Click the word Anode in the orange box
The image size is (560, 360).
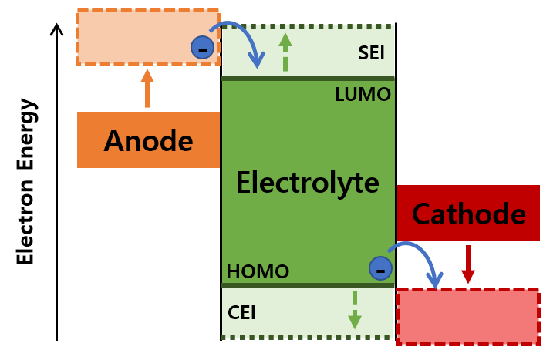(x=148, y=140)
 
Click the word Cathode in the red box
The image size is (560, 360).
(x=468, y=214)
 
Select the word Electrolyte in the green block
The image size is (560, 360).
(x=307, y=183)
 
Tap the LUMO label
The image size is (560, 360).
(x=363, y=95)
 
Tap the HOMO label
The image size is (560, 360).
(x=258, y=271)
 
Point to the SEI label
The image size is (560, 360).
(x=371, y=53)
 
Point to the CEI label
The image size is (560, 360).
(x=241, y=313)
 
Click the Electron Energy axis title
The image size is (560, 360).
(x=26, y=181)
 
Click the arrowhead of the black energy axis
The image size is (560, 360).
(x=56, y=29)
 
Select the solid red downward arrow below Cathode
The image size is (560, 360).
(x=467, y=264)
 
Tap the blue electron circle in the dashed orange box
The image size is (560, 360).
(x=202, y=48)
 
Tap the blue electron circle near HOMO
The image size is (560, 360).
(x=380, y=268)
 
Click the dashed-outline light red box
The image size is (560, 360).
(x=467, y=316)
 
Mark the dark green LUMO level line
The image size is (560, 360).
(x=308, y=79)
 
